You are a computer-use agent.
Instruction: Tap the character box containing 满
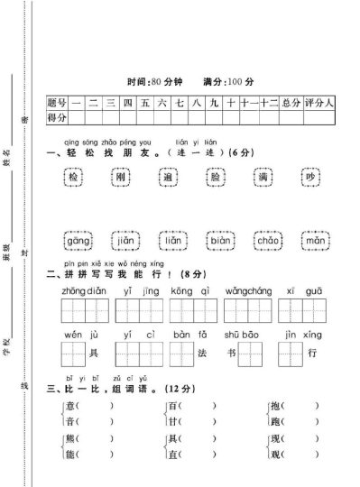(263, 179)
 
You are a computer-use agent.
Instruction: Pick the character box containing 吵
(310, 179)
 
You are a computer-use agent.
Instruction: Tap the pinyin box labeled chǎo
(268, 242)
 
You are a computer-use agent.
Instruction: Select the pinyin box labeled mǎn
(314, 242)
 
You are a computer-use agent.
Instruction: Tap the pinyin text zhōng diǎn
(84, 291)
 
